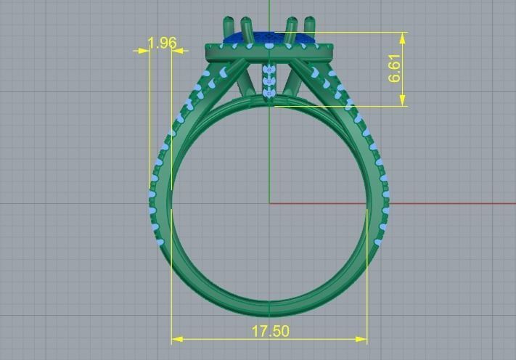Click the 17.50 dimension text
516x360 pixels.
tap(270, 331)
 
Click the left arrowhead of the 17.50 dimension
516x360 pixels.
tap(176, 339)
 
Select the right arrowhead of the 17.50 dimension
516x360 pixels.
tap(362, 339)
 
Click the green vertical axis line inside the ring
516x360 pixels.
tap(269, 160)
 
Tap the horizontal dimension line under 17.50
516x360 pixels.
tap(218, 339)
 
